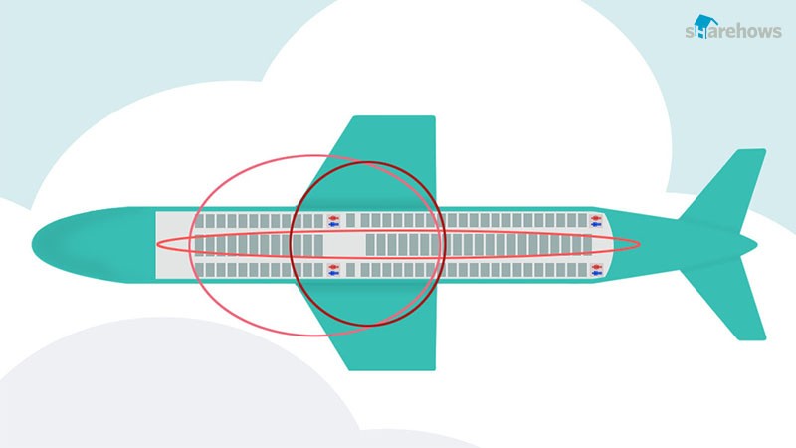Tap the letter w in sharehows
[x=762, y=32]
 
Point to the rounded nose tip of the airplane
[x=34, y=244]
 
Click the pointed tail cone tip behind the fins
[x=756, y=245]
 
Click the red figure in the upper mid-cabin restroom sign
[x=333, y=218]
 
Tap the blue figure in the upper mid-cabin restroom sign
[x=333, y=224]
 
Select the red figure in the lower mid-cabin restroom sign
[x=333, y=267]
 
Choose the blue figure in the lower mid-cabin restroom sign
[x=333, y=273]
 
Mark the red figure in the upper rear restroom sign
[x=596, y=218]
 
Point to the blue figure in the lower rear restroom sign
[x=596, y=273]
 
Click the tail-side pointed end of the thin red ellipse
[x=640, y=244]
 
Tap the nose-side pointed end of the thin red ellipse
[x=157, y=244]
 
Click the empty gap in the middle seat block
[x=344, y=245]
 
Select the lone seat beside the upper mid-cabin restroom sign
[x=350, y=220]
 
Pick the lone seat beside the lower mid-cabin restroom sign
[x=350, y=270]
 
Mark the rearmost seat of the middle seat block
[x=587, y=245]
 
